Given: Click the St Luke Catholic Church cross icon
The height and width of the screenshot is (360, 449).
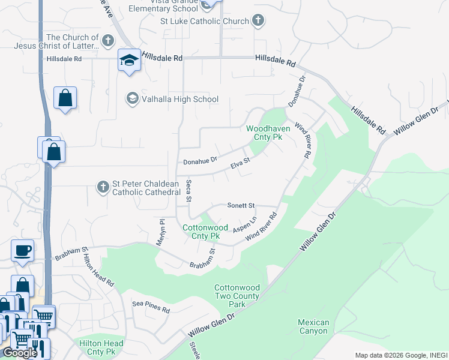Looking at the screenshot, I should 258,21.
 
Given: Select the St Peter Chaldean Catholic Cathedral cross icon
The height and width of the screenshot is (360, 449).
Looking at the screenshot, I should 103,188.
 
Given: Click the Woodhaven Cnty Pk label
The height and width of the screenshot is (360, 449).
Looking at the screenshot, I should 268,133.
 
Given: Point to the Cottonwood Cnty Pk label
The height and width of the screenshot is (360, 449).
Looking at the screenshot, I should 205,232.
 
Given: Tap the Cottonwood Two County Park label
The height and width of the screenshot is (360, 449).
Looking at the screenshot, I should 237,296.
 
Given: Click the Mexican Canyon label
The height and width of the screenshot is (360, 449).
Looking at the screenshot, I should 313,326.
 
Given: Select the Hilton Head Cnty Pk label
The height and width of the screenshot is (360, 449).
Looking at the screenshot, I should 101,348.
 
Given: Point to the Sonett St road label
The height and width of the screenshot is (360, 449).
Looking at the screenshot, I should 241,205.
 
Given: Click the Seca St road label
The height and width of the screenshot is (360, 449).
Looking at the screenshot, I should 188,190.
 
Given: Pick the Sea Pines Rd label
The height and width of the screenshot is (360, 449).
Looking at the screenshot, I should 151,307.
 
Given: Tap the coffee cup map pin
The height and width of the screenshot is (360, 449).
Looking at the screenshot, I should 23,250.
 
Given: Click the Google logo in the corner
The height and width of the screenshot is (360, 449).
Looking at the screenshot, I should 20,352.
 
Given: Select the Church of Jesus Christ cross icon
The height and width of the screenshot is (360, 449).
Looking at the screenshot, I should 107,41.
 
